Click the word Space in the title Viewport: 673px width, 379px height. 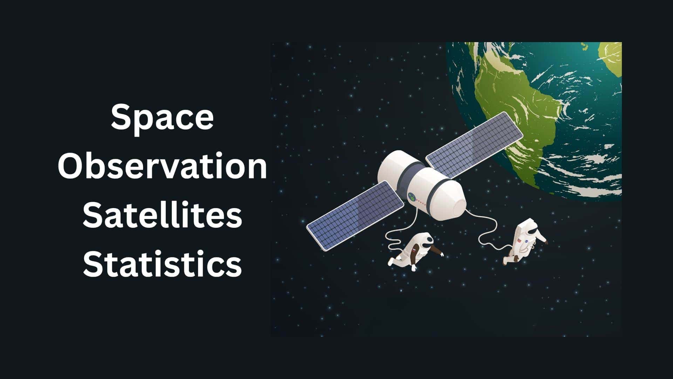click(162, 117)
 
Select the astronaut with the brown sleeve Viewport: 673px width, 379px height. click(417, 251)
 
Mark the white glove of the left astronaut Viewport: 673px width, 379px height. click(414, 268)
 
